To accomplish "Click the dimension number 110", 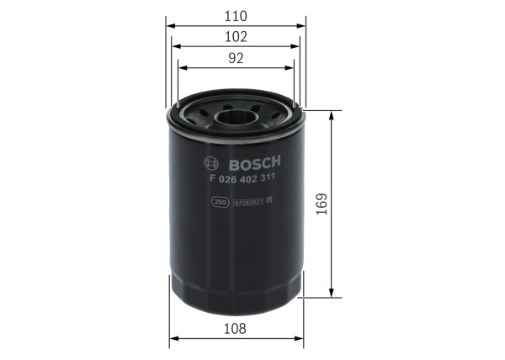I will pos(237,15).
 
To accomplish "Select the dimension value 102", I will pos(237,37).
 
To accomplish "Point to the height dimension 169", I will pos(321,202).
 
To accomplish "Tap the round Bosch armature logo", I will pos(212,162).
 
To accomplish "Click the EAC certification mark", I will pos(271,202).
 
